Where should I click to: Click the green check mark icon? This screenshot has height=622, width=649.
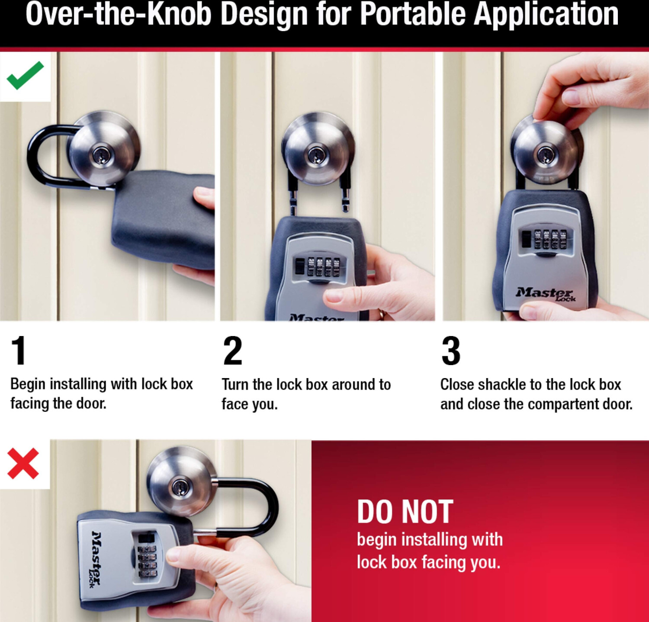click(x=25, y=75)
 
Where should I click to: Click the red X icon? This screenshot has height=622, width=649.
click(x=23, y=464)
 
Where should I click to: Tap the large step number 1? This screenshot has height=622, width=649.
click(x=19, y=350)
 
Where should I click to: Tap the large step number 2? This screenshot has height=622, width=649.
click(x=233, y=350)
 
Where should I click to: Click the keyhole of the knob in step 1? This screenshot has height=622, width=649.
click(x=102, y=155)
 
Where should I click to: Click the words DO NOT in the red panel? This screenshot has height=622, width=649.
click(x=405, y=512)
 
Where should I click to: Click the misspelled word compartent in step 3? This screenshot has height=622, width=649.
click(x=562, y=404)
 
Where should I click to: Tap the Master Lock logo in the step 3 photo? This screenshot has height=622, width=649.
click(x=546, y=294)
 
